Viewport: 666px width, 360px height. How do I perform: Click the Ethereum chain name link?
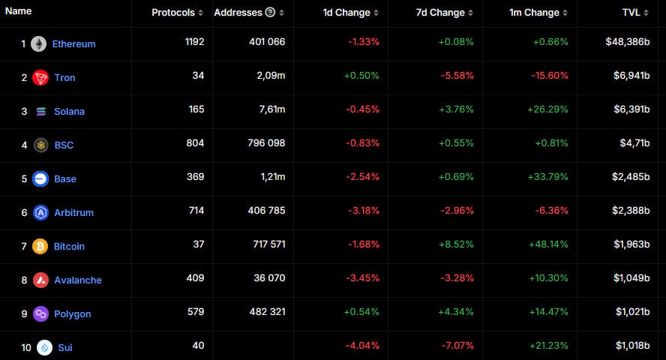(74, 43)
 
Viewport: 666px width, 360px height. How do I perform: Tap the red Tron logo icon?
(40, 78)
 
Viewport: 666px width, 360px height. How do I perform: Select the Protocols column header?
(173, 13)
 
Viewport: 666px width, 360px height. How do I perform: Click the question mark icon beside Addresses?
(270, 12)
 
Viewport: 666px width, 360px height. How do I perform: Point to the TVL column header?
(631, 13)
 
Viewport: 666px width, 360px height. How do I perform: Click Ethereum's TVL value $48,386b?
(628, 41)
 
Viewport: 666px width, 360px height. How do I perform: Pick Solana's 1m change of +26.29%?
(548, 109)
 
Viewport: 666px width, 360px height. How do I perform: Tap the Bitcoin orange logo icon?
(40, 246)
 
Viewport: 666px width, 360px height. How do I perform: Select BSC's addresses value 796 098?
(266, 143)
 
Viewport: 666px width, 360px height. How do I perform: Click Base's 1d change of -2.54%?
(362, 177)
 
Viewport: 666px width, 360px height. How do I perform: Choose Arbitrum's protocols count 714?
(196, 211)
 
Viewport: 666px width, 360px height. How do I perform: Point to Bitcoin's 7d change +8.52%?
(456, 244)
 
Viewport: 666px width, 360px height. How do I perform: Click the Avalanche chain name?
(78, 280)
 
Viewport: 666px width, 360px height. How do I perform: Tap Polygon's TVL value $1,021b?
(633, 312)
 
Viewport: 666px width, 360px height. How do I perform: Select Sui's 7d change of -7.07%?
(457, 346)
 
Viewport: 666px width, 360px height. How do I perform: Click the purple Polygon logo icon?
(40, 313)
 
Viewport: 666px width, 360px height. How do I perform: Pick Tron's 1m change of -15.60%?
(550, 76)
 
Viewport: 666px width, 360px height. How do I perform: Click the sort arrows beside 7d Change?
(470, 13)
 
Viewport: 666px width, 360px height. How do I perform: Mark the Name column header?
(18, 11)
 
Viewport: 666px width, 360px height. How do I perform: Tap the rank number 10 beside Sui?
(26, 348)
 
